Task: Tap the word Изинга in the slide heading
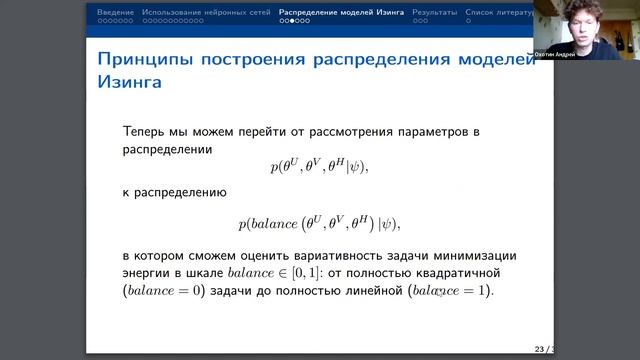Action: tap(130, 85)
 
